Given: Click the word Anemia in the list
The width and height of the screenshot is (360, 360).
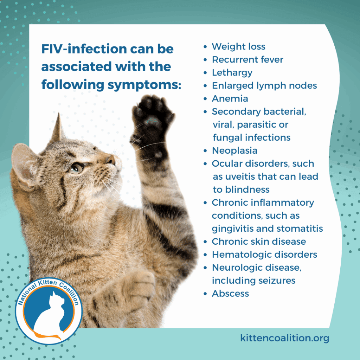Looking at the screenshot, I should (x=230, y=99).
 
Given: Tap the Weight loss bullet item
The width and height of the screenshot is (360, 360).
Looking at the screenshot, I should (x=238, y=47).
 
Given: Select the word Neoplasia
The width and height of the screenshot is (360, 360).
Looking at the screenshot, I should (x=234, y=151).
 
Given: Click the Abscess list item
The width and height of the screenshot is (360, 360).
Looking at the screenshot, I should (x=230, y=294).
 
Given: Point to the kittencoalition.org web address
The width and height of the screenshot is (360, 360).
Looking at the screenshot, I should (x=285, y=338).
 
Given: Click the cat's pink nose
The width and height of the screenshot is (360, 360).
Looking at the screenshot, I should (x=111, y=160).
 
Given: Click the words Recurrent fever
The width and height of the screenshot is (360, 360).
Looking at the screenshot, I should (x=247, y=60).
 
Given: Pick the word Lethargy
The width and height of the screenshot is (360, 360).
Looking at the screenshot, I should (x=232, y=73).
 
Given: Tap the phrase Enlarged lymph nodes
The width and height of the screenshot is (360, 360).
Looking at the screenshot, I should (x=264, y=86).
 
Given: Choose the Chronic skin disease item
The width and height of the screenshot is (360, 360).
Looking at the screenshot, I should (x=259, y=242).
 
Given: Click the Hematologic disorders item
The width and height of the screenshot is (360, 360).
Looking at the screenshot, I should (x=264, y=255).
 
